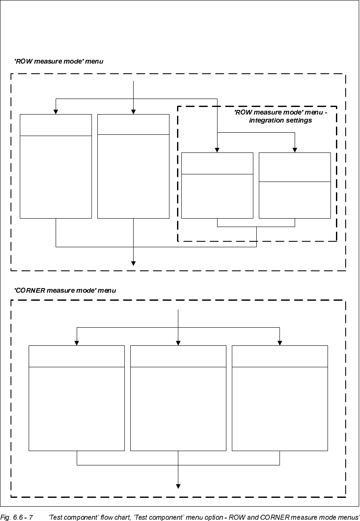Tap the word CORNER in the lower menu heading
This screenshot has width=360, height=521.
tap(31, 291)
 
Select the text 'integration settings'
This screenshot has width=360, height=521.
tap(280, 120)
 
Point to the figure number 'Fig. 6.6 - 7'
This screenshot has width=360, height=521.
tap(17, 517)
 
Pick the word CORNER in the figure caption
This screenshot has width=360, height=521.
tap(275, 517)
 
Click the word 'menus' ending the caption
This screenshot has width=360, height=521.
tap(349, 517)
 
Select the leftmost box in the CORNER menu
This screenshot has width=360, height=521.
tap(76, 398)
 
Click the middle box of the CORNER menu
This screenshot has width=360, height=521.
tap(178, 398)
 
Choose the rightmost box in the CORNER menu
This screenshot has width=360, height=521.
tap(280, 398)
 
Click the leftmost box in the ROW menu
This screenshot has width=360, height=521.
tap(56, 166)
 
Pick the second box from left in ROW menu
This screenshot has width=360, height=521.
tap(133, 166)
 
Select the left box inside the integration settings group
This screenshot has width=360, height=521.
tap(217, 185)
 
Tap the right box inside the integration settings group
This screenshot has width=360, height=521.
tap(295, 185)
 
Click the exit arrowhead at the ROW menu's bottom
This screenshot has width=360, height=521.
tap(133, 264)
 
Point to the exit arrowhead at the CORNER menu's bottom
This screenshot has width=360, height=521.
tap(178, 486)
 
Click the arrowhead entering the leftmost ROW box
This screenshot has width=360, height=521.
tap(56, 112)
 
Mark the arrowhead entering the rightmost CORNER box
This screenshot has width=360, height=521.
tap(280, 343)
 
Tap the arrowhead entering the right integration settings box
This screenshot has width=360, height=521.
tap(295, 150)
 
